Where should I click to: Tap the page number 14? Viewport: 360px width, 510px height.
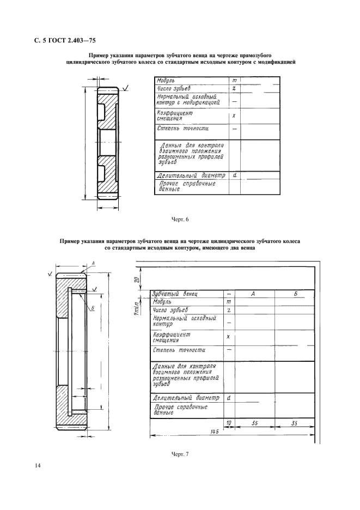(x=38, y=466)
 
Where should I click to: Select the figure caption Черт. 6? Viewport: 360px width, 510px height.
(x=180, y=219)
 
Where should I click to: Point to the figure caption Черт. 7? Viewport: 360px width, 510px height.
(x=180, y=454)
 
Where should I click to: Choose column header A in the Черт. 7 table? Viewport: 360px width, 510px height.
(x=253, y=294)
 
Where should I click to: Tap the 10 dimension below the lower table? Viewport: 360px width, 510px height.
(x=229, y=423)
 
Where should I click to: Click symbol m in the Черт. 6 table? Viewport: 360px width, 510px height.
(x=234, y=80)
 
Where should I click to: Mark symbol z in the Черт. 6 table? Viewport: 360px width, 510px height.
(x=234, y=88)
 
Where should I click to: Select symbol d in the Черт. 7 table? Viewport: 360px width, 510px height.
(x=229, y=397)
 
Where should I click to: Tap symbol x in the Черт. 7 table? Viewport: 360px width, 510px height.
(x=229, y=337)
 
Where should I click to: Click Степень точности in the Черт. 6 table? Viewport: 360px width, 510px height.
(x=183, y=129)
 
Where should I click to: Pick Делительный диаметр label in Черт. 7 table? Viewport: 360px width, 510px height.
(x=186, y=398)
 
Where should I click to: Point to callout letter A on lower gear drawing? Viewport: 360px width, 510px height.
(x=93, y=263)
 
